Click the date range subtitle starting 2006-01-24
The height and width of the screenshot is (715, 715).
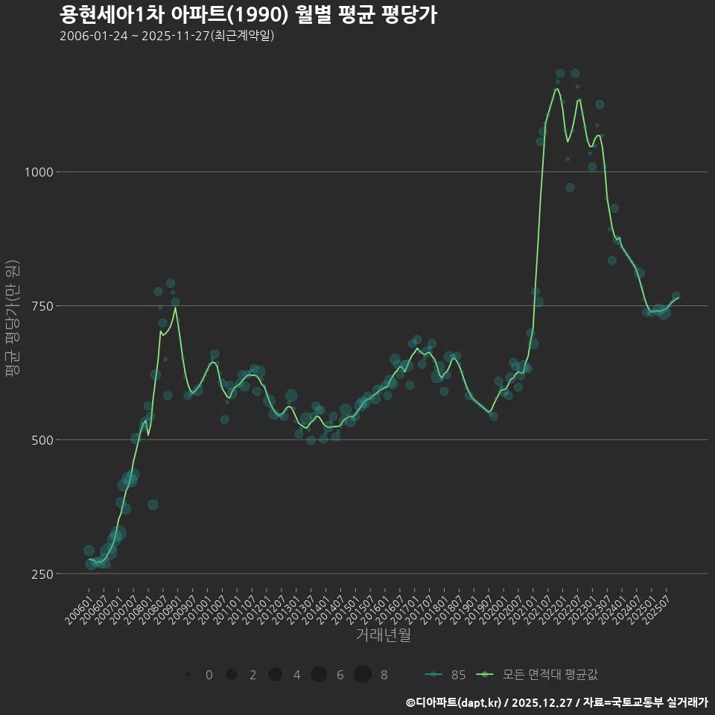tap(167, 36)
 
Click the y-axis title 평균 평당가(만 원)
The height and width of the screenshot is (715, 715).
tap(11, 320)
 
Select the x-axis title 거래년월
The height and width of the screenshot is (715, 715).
tap(383, 635)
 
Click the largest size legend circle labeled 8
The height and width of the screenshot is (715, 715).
tap(363, 675)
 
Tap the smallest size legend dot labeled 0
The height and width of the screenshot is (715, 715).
tap(188, 675)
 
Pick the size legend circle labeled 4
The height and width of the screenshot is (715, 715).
tap(275, 675)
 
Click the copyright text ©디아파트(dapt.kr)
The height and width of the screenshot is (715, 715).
tap(454, 702)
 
